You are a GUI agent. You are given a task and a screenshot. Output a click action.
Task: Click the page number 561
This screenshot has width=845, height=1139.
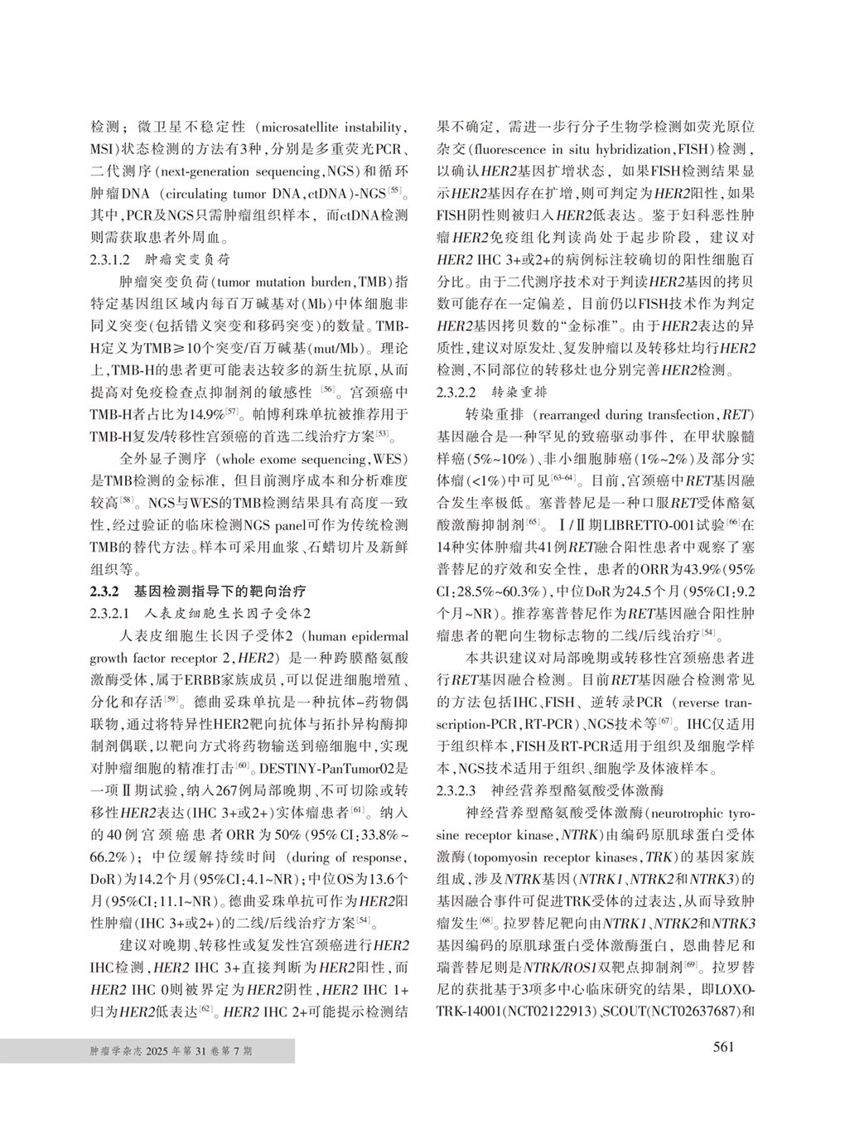722,1047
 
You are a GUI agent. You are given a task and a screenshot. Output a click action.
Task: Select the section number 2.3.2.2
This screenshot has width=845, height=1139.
456,391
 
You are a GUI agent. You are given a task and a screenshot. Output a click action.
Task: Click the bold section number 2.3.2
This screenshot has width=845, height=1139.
105,591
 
